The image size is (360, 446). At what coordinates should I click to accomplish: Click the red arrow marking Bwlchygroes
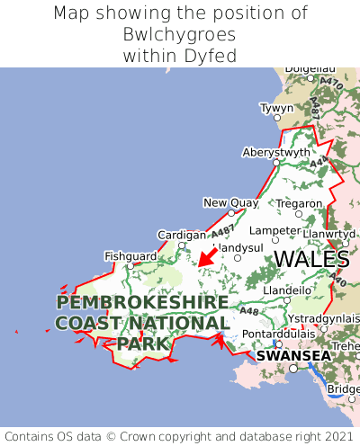pyautogui.click(x=207, y=257)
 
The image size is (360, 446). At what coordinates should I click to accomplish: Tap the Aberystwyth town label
pyautogui.click(x=276, y=152)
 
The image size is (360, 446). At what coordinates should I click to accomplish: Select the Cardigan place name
pyautogui.click(x=182, y=235)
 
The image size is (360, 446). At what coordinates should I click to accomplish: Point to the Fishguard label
pyautogui.click(x=130, y=255)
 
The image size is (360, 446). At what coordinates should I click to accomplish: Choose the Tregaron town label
pyautogui.click(x=300, y=203)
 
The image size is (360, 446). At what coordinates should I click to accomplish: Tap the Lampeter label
pyautogui.click(x=274, y=230)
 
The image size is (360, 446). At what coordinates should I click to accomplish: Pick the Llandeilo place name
pyautogui.click(x=288, y=290)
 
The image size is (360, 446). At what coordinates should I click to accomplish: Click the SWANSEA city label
pyautogui.click(x=293, y=355)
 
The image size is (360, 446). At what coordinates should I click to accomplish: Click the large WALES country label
pyautogui.click(x=311, y=259)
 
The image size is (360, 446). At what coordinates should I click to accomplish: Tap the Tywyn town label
pyautogui.click(x=276, y=108)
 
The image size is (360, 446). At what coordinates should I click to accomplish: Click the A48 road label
pyautogui.click(x=249, y=311)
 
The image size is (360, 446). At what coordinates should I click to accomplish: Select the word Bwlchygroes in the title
pyautogui.click(x=180, y=35)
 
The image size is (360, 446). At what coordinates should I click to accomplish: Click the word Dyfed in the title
pyautogui.click(x=216, y=56)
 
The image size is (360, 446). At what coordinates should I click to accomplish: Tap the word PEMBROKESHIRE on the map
pyautogui.click(x=142, y=302)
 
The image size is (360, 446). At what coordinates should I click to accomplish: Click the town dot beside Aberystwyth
pyautogui.click(x=276, y=163)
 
